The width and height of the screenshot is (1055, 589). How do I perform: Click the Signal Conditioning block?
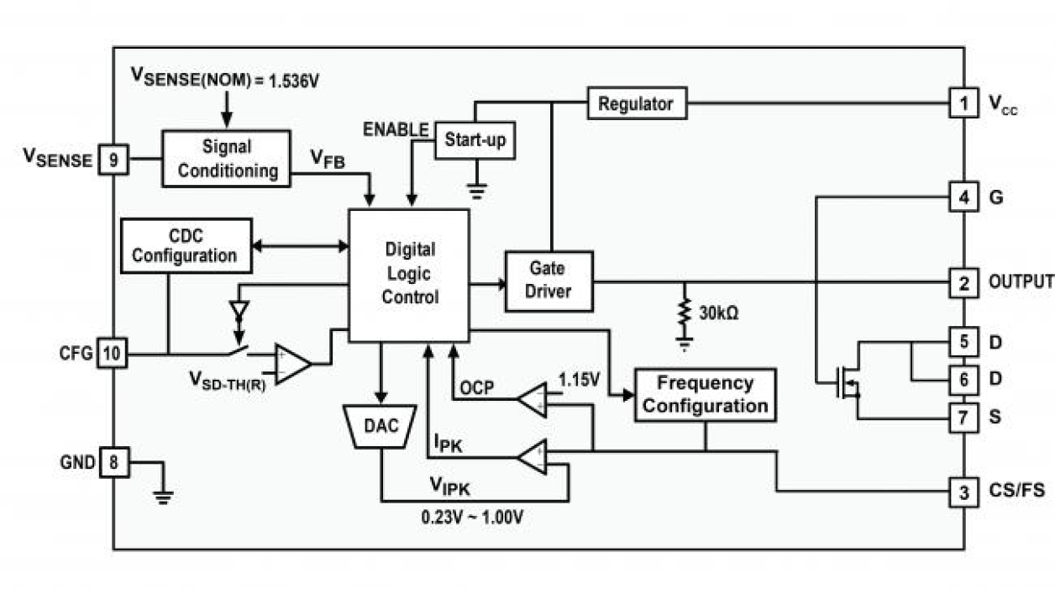pyautogui.click(x=226, y=158)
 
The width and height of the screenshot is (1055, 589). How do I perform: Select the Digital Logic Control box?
pyautogui.click(x=409, y=274)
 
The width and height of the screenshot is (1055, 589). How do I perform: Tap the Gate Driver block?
pyautogui.click(x=548, y=281)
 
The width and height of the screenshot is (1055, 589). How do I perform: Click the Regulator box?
pyautogui.click(x=636, y=104)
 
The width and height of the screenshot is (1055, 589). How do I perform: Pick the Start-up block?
pyautogui.click(x=475, y=140)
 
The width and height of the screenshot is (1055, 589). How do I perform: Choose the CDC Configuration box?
pyautogui.click(x=186, y=245)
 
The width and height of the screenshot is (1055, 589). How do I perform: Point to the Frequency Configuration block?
pyautogui.click(x=705, y=394)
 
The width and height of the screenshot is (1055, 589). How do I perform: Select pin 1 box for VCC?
pyautogui.click(x=963, y=104)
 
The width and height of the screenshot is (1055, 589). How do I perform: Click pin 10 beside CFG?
pyautogui.click(x=113, y=354)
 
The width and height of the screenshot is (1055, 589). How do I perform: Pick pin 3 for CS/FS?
pyautogui.click(x=963, y=491)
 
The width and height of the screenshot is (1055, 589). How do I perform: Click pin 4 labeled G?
pyautogui.click(x=963, y=197)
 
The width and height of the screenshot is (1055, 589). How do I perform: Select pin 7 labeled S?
pyautogui.click(x=963, y=416)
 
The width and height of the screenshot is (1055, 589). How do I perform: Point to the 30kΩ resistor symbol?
pyautogui.click(x=685, y=314)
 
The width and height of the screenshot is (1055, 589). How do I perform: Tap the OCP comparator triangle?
pyautogui.click(x=532, y=400)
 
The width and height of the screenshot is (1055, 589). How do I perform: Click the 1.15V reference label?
pyautogui.click(x=579, y=381)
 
